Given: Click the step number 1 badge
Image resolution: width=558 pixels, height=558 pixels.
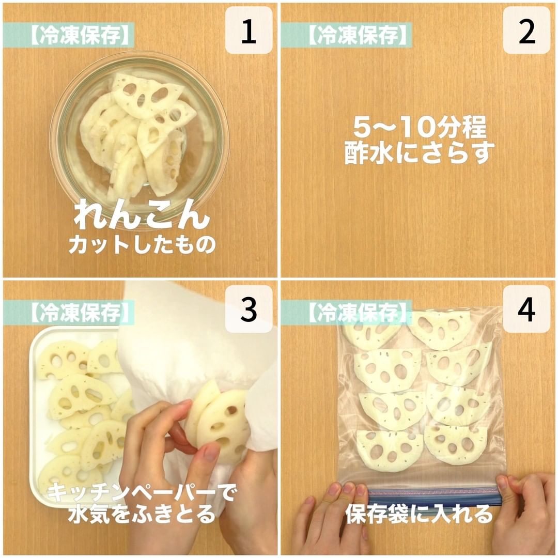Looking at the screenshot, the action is click(x=249, y=30).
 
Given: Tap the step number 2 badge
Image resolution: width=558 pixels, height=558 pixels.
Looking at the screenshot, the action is click(x=526, y=30).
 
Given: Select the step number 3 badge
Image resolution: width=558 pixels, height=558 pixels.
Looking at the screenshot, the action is click(x=249, y=309).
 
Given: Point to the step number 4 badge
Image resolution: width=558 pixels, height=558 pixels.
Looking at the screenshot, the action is click(x=526, y=309).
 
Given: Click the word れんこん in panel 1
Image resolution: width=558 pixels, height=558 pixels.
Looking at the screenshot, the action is click(x=141, y=214).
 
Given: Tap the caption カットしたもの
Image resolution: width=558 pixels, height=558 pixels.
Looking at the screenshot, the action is click(x=142, y=244).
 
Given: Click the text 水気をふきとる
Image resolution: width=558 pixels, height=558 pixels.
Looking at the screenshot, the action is click(x=142, y=514).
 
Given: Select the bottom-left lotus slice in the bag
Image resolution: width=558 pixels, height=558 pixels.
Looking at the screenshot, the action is click(x=390, y=451).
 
